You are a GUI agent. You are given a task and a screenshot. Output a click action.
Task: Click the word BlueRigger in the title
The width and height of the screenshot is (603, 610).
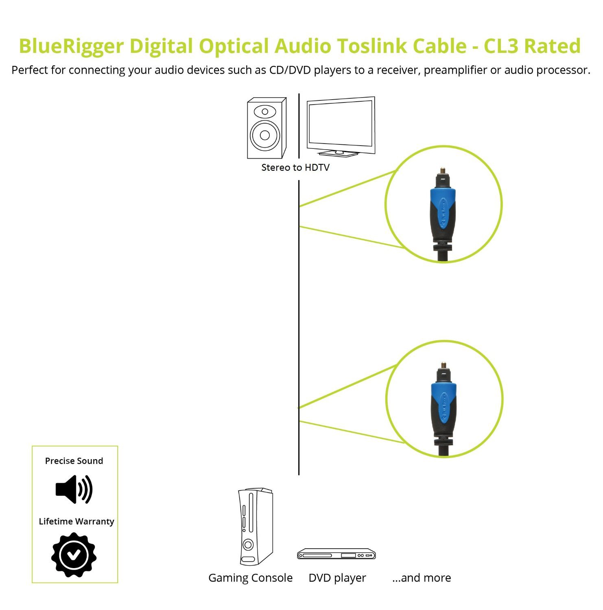click(71, 46)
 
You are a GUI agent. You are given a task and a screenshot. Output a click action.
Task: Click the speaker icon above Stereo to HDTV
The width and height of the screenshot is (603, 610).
click(267, 128)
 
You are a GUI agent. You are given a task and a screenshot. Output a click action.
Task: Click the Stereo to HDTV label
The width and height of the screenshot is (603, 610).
click(295, 168)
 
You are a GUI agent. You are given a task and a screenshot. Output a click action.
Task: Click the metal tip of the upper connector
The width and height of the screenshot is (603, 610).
click(442, 170)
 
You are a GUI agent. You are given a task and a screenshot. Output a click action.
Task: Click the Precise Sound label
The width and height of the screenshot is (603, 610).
click(74, 461)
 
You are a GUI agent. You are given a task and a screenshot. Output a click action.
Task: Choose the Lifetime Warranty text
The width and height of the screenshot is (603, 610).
click(76, 521)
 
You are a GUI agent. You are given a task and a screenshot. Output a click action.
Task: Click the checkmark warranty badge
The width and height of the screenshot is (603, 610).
click(74, 555)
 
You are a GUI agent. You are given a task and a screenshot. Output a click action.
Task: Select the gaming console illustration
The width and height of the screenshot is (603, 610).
click(255, 526)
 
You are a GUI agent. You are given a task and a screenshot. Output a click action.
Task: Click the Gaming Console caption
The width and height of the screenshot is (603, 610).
click(250, 578)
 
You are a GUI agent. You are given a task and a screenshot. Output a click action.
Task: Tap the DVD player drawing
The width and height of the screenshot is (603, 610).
click(336, 554)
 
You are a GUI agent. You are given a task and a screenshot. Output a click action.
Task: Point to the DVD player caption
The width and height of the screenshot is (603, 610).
click(337, 578)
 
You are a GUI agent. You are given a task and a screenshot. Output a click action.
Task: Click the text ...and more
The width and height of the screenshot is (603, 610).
click(422, 578)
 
